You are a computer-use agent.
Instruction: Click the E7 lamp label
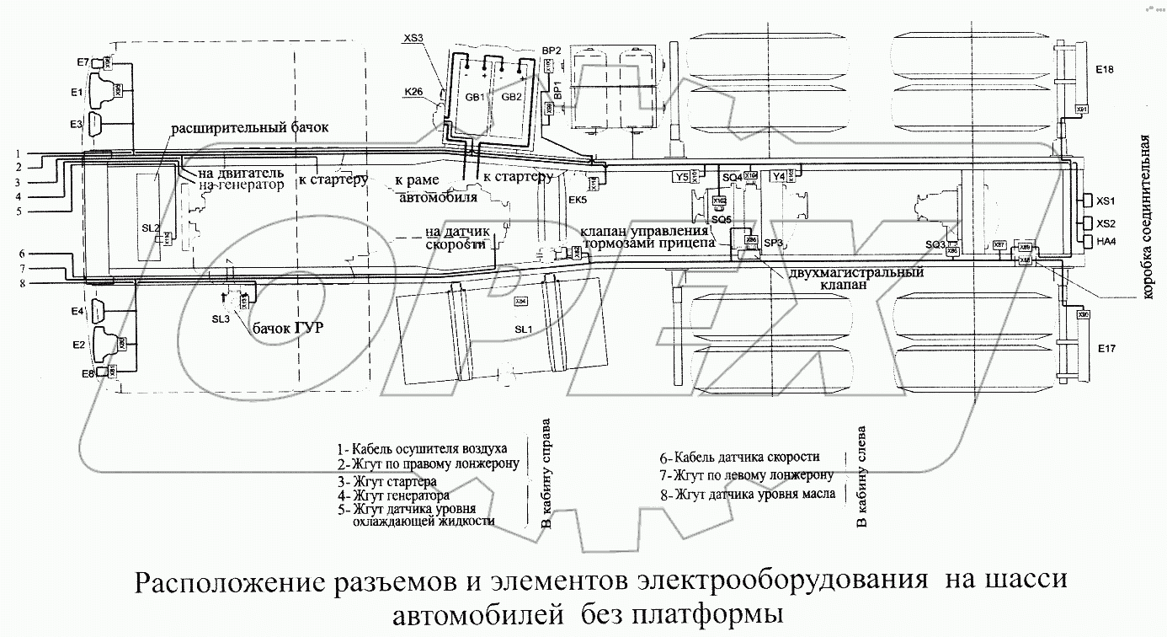(x=83, y=62)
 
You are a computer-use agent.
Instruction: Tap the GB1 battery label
(x=475, y=97)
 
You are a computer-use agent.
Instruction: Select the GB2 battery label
(x=512, y=97)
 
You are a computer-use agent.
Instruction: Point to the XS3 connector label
(x=413, y=37)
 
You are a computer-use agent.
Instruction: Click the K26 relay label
(x=413, y=93)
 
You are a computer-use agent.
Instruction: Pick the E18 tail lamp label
(x=1105, y=70)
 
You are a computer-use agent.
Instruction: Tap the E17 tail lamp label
(x=1105, y=346)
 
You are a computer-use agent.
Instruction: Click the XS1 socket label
(x=1106, y=201)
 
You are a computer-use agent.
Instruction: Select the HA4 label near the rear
(x=1106, y=241)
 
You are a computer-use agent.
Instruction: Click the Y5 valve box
(x=682, y=176)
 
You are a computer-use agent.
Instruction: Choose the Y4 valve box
(x=779, y=176)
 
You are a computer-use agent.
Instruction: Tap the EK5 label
(x=578, y=200)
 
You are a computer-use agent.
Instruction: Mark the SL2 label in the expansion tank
(x=149, y=227)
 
